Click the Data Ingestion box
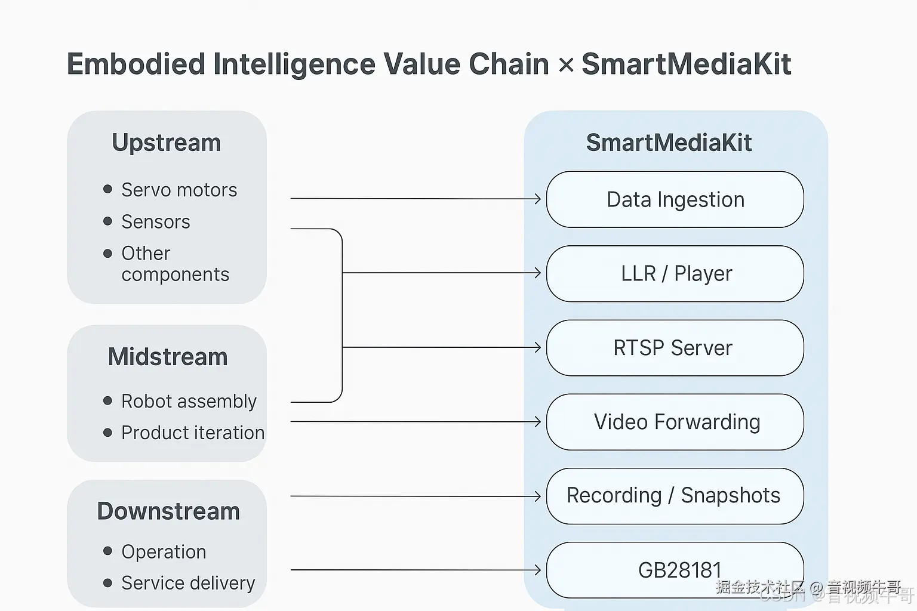coord(675,199)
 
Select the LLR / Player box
coord(675,273)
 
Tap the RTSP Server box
coord(675,348)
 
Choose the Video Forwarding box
coord(675,422)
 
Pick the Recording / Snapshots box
coord(675,496)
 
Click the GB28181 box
coord(675,570)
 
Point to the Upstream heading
coord(166,143)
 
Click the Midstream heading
coord(168,357)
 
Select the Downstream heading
coord(168,511)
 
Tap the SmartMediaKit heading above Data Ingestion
coord(669,143)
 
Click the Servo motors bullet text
coord(179,190)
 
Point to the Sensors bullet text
coord(155,221)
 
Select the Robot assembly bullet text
coord(189,401)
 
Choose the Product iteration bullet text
coord(193,433)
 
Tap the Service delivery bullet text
coord(188,583)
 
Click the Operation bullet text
coord(164,552)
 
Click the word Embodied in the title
coord(136,64)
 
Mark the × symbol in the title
coord(565,65)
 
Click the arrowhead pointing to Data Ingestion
coord(537,199)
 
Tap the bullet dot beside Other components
coord(107,254)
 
